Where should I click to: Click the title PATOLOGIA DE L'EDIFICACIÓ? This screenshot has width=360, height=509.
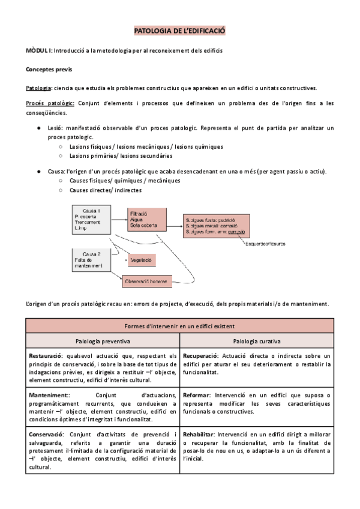click(x=179, y=30)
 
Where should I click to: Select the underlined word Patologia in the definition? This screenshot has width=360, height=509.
click(x=39, y=88)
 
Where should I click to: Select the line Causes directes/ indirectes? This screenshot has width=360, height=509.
click(x=106, y=190)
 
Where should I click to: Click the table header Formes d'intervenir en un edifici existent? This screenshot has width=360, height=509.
click(x=179, y=325)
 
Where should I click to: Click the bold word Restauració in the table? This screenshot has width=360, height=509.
click(x=47, y=356)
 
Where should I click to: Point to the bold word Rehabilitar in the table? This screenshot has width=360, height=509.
click(x=199, y=433)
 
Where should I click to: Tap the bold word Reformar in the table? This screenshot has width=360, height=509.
click(x=196, y=395)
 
